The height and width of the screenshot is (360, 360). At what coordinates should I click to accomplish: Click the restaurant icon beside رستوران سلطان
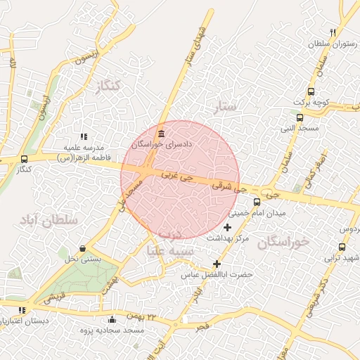[x=333, y=32]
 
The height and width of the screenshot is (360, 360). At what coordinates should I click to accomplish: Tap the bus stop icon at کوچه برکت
[x=311, y=91]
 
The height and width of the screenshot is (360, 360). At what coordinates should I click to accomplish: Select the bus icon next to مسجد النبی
[x=300, y=117]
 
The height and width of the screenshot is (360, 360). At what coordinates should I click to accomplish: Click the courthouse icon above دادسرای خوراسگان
[x=162, y=134]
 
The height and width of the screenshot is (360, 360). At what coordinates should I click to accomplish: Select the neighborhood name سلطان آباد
[x=49, y=220]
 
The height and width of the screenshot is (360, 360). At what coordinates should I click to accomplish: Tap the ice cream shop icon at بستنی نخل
[x=84, y=248]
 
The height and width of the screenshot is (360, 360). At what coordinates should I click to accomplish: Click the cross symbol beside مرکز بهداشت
[x=226, y=228]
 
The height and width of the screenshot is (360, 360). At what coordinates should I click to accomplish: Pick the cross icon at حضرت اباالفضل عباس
[x=217, y=264]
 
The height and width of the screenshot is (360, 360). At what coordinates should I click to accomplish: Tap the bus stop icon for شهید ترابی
[x=342, y=247]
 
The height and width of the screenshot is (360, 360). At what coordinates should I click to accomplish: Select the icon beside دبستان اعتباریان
[x=22, y=310]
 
